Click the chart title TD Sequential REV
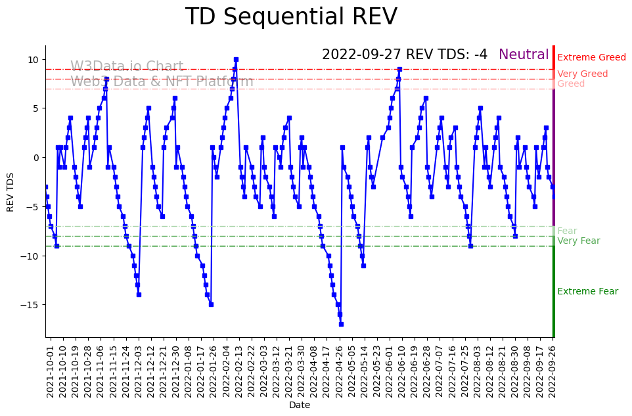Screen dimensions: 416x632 [x=291, y=17]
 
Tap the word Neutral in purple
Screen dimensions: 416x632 [x=524, y=55]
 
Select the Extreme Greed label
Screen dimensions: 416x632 [x=591, y=58]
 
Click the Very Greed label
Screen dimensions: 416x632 [x=582, y=74]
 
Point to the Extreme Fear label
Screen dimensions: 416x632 [x=587, y=292]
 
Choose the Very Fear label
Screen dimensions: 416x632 [x=578, y=241]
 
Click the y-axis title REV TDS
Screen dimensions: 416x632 [x=10, y=191]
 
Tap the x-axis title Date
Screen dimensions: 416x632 [x=300, y=405]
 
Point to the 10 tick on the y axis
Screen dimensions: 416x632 [x=34, y=59]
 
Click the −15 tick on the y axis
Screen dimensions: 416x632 [x=31, y=305]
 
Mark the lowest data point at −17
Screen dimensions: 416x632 [x=341, y=324]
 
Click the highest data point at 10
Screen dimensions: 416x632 [x=236, y=59]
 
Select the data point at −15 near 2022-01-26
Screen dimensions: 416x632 [x=211, y=304]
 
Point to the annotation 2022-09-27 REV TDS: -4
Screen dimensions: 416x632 [x=405, y=55]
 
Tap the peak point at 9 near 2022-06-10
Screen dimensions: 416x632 [x=399, y=69]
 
